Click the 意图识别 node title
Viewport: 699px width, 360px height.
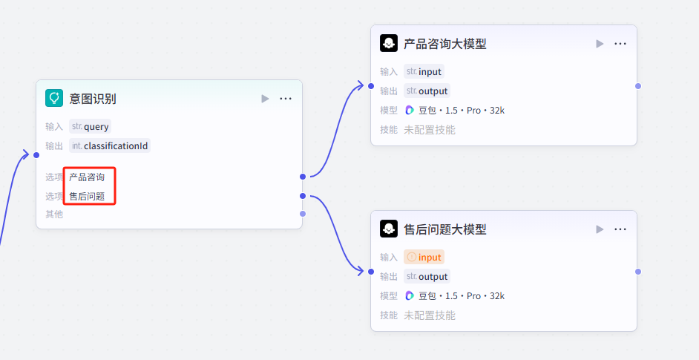point(93,99)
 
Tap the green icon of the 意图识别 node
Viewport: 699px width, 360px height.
point(54,98)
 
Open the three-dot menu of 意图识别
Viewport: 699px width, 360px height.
point(286,99)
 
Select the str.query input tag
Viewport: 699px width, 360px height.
point(90,126)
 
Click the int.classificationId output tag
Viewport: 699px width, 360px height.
point(110,145)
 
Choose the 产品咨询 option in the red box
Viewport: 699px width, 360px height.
point(87,177)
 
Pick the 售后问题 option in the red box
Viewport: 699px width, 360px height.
point(87,197)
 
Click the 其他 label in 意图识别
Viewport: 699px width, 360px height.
point(54,215)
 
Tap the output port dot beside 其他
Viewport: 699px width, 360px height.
point(302,214)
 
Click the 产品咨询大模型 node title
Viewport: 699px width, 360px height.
point(444,44)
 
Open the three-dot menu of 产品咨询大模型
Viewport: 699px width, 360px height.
point(620,44)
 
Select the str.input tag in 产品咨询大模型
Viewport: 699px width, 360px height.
point(424,72)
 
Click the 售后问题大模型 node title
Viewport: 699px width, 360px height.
point(444,229)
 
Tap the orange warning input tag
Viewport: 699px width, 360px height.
point(424,258)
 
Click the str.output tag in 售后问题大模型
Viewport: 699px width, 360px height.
point(427,277)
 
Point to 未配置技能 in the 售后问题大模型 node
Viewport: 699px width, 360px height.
point(430,315)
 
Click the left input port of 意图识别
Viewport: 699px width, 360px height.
point(36,154)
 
